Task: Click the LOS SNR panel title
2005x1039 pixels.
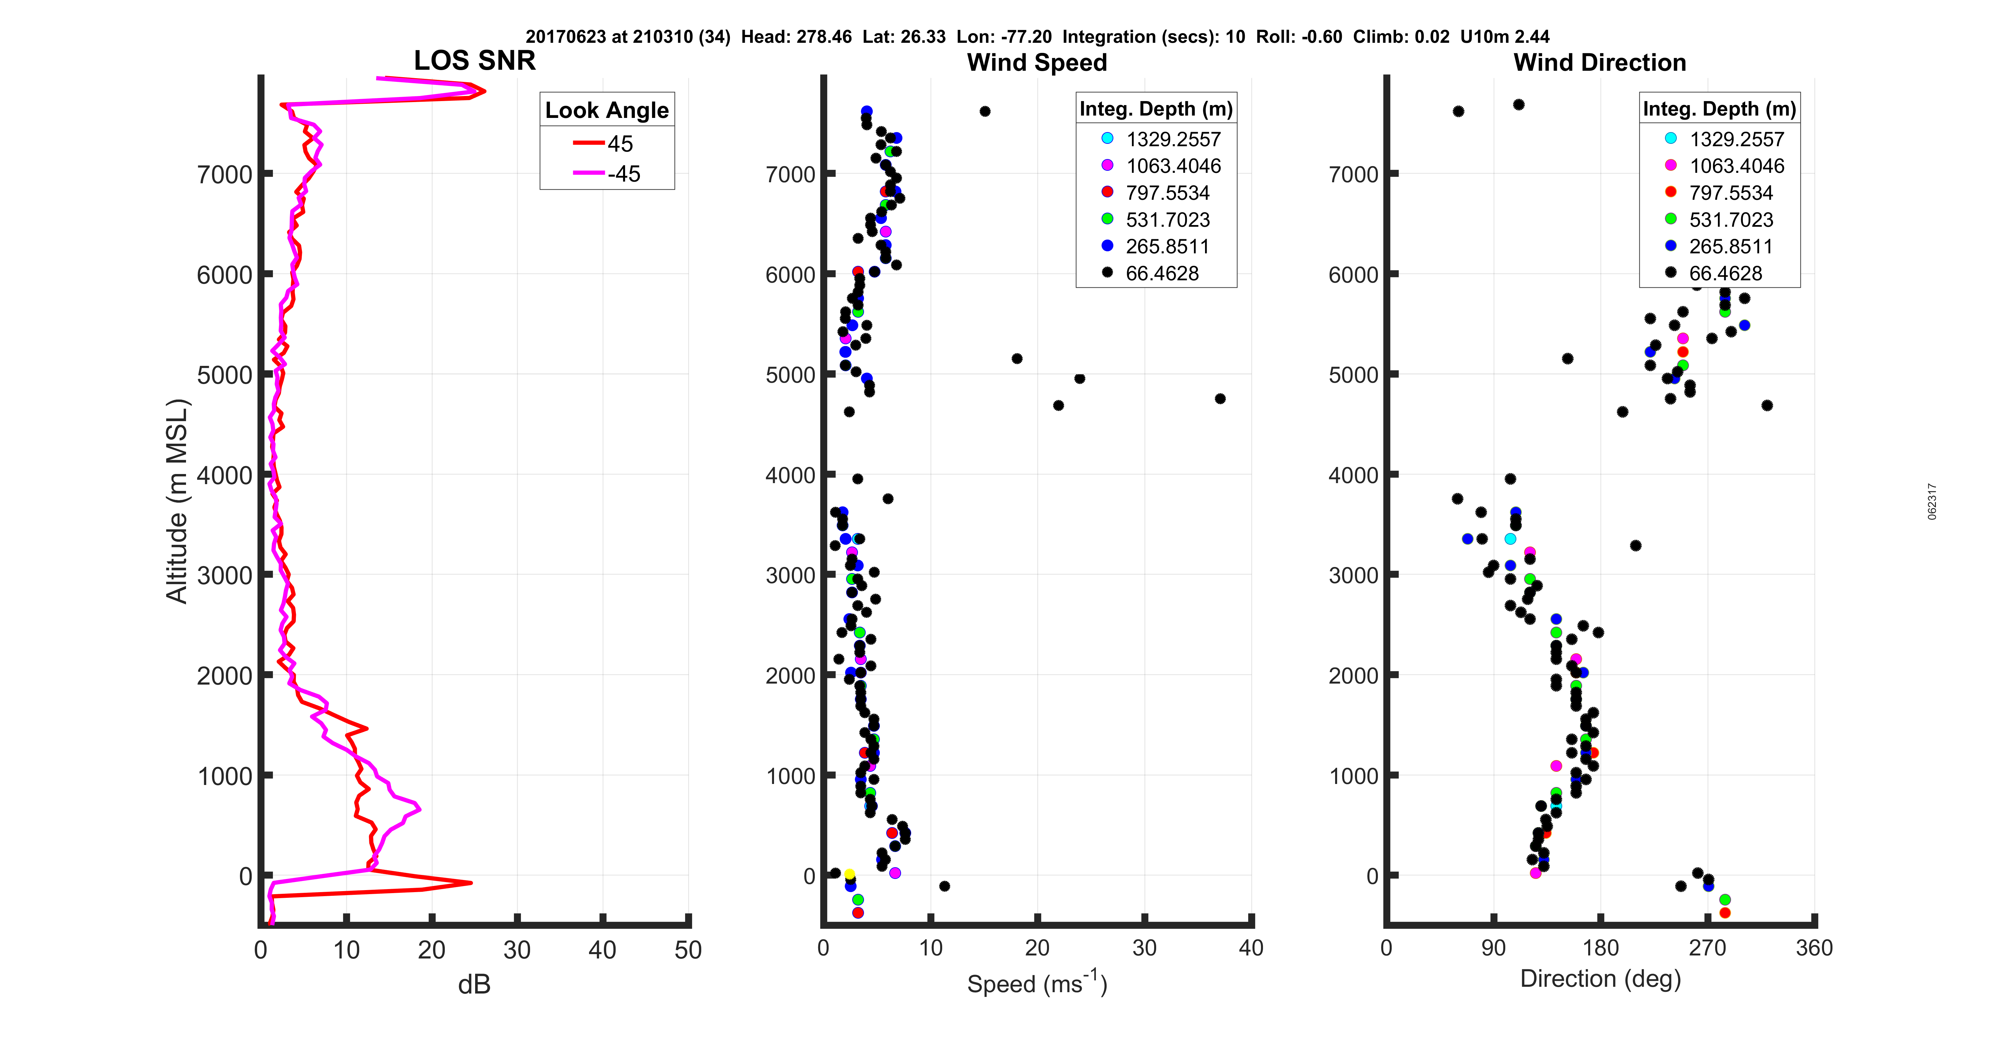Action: [x=474, y=61]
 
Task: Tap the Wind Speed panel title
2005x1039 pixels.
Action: [x=1037, y=62]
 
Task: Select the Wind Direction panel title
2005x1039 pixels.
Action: [x=1600, y=62]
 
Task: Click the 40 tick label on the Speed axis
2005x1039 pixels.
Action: [x=1251, y=948]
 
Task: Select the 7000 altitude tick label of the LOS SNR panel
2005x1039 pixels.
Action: [x=224, y=174]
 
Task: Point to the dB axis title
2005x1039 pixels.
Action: [x=474, y=984]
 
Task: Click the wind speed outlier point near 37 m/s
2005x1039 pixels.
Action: [x=1220, y=399]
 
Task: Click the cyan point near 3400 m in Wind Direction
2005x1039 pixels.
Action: [x=1510, y=539]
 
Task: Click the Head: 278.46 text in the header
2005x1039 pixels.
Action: [x=796, y=37]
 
